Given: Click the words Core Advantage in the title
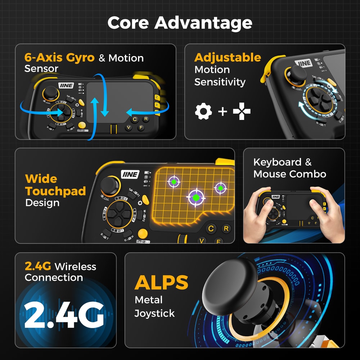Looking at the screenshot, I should click(x=180, y=23).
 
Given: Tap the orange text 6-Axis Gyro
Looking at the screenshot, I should click(x=59, y=58).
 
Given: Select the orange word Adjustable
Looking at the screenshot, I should click(x=228, y=57).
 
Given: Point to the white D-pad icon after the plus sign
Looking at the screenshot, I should click(x=242, y=112).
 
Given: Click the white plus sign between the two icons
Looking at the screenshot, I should click(x=222, y=112).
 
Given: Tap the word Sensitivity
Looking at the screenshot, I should click(x=220, y=82).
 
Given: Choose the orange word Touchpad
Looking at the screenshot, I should click(x=55, y=191).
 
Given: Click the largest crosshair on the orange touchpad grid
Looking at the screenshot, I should click(x=195, y=197).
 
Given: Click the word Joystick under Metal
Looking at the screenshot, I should click(x=154, y=313).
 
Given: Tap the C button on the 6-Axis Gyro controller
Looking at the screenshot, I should click(x=135, y=119).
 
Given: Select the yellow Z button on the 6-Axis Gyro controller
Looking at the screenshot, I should click(x=157, y=97).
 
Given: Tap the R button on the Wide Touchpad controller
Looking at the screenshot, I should click(x=226, y=228).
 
